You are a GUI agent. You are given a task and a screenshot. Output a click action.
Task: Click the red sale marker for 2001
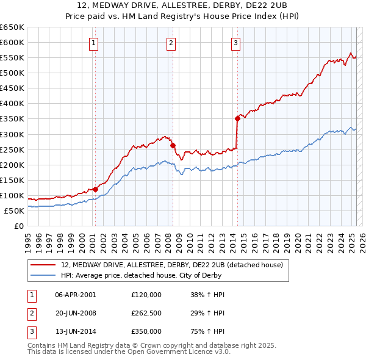(95, 189)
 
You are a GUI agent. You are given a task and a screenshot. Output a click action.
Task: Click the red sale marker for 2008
(173, 145)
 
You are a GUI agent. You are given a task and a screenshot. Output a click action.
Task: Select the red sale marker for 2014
(237, 118)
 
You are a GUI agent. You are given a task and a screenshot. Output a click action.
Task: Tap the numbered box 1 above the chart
(93, 43)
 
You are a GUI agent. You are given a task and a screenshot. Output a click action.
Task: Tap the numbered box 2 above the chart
(171, 43)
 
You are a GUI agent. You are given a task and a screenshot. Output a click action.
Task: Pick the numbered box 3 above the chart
(235, 43)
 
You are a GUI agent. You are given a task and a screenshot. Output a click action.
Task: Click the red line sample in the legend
(44, 265)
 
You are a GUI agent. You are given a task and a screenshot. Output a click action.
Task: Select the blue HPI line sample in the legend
(44, 275)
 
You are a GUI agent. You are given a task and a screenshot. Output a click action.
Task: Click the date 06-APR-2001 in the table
(75, 295)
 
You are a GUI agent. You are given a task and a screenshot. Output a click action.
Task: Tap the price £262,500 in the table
(146, 313)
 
